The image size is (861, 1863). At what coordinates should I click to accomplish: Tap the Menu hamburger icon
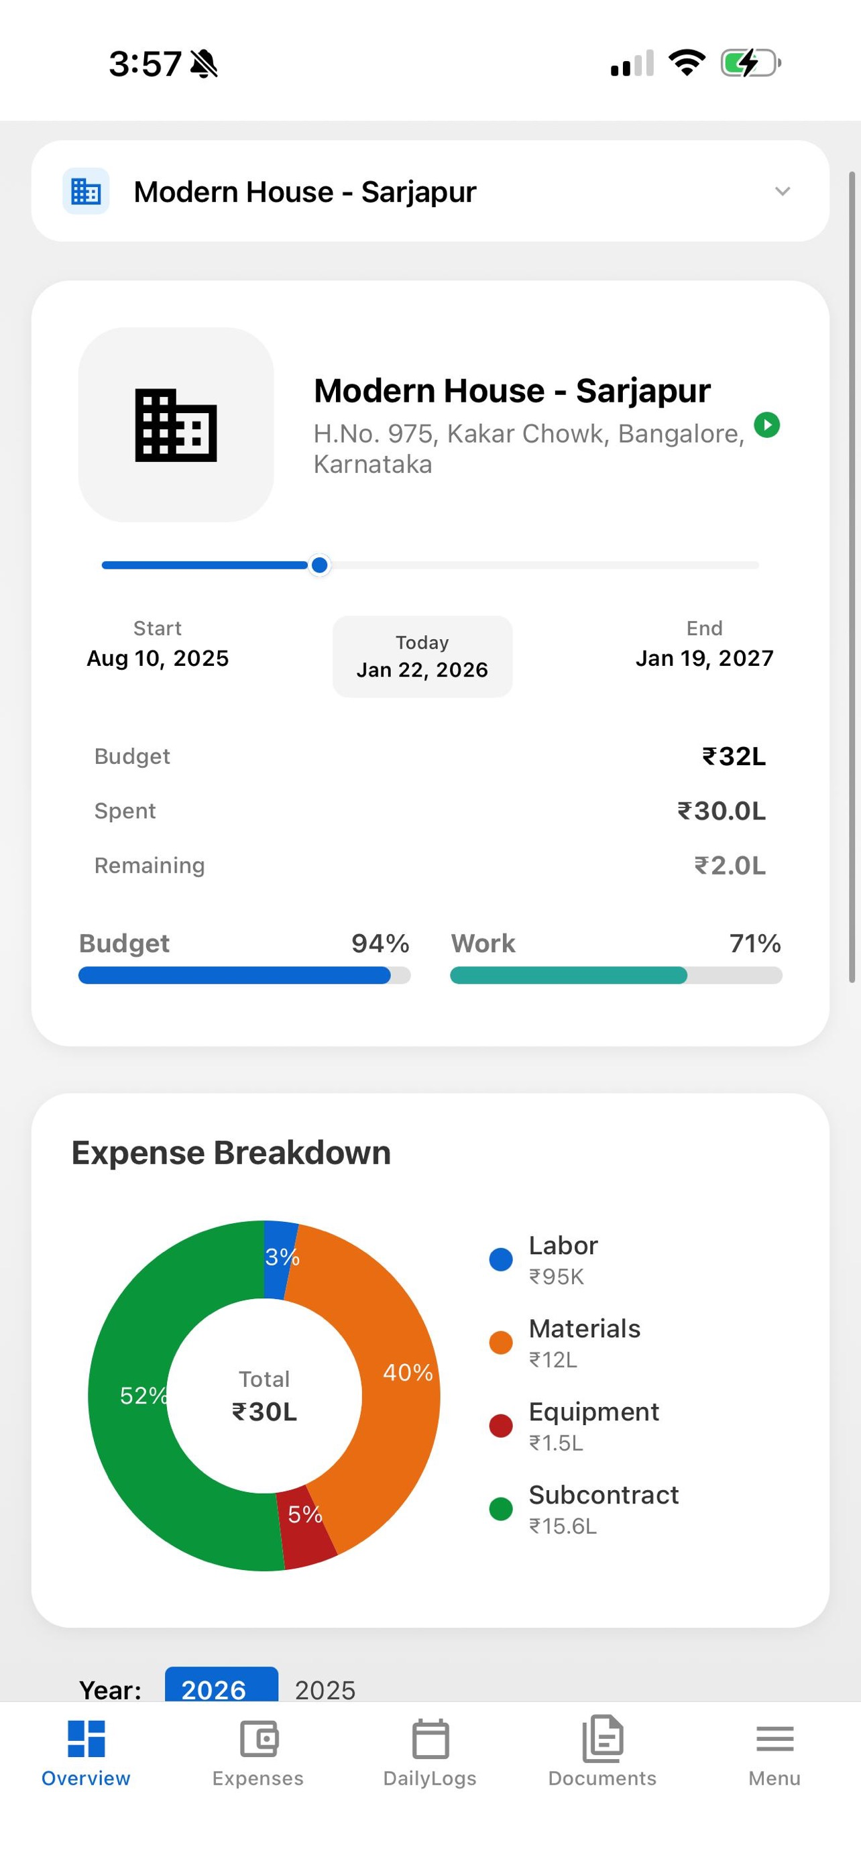[774, 1739]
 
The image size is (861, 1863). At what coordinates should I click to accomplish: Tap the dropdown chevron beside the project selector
[782, 192]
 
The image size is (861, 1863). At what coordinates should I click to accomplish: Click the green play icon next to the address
[767, 425]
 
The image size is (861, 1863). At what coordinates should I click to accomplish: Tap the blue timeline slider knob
[320, 565]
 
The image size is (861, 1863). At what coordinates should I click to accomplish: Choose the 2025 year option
[325, 1689]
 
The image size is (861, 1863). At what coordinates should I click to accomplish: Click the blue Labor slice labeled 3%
[279, 1259]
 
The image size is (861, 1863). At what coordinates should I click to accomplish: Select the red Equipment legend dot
[501, 1426]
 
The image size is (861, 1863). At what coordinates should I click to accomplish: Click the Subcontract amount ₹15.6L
[563, 1526]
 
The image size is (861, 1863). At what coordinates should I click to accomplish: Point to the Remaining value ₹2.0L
[730, 866]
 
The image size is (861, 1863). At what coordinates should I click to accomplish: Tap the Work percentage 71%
[756, 944]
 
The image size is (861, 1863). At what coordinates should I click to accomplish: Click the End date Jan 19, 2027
[705, 658]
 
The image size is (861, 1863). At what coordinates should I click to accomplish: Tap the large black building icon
[176, 425]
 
